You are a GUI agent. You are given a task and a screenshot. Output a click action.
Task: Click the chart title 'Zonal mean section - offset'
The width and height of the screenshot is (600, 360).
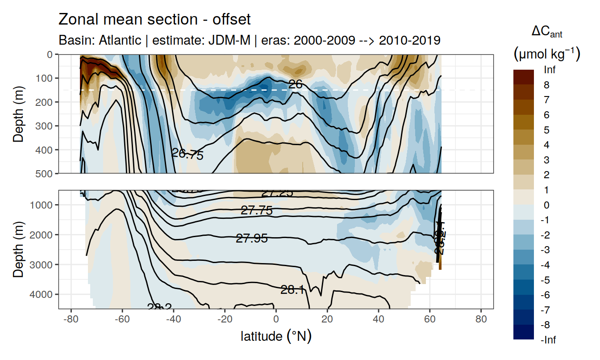154,20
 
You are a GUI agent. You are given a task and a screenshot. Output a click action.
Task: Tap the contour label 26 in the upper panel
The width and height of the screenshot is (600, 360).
296,84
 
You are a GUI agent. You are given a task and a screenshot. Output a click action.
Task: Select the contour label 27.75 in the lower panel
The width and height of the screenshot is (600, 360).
256,210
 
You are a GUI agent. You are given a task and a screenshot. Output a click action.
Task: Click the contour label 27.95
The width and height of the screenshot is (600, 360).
252,239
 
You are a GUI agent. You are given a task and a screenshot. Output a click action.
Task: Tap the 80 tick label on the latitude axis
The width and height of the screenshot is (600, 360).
481,320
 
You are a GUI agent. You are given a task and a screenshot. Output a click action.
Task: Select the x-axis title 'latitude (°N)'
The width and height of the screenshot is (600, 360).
276,336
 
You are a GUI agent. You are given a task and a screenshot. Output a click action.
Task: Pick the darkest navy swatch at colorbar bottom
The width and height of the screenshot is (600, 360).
524,332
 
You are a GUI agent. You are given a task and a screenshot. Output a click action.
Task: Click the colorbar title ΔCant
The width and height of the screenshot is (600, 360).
546,32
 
